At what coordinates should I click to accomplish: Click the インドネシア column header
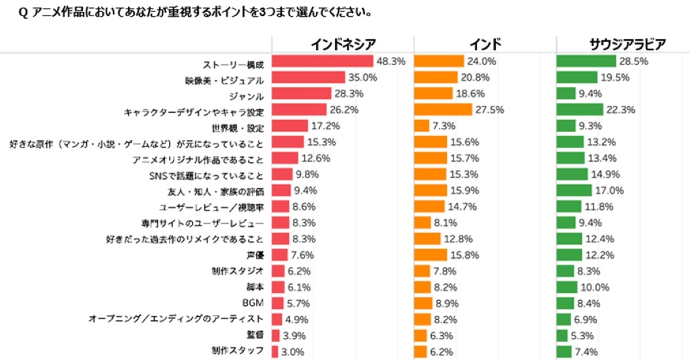tap(343, 44)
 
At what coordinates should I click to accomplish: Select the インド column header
tap(485, 44)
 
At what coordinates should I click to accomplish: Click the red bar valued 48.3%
tap(323, 61)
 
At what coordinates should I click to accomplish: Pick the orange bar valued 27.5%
tap(443, 109)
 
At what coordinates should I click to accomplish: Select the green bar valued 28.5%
tap(586, 61)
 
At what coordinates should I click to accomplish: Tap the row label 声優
tap(255, 254)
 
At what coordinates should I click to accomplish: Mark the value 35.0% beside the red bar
tap(362, 78)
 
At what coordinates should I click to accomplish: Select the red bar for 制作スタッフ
tap(275, 351)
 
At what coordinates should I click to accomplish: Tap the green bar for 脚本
tap(567, 287)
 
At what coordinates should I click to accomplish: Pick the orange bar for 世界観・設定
tap(421, 125)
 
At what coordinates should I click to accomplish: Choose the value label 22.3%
tap(620, 110)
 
